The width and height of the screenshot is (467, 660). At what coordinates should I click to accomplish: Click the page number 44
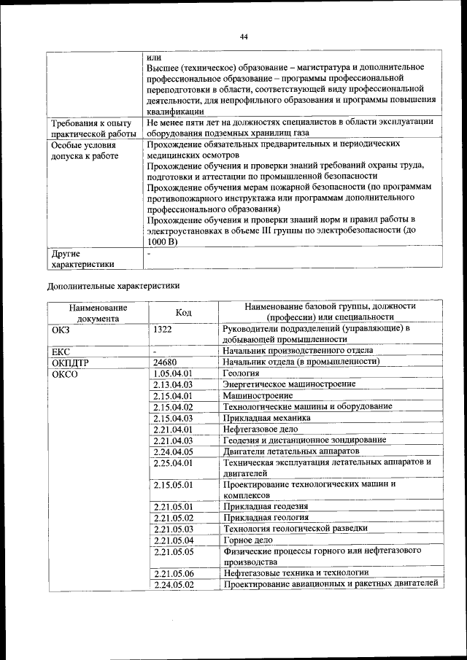pyautogui.click(x=244, y=36)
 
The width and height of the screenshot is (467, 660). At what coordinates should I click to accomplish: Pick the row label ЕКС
pyautogui.click(x=61, y=351)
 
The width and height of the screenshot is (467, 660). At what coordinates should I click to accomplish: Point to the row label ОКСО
pyautogui.click(x=65, y=373)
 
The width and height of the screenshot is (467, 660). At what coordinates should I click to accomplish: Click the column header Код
pyautogui.click(x=184, y=312)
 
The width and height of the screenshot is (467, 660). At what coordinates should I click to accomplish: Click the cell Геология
pyautogui.click(x=241, y=373)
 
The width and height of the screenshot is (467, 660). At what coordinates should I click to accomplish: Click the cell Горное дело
pyautogui.click(x=248, y=540)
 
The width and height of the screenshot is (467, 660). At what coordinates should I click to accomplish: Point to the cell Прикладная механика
pyautogui.click(x=266, y=418)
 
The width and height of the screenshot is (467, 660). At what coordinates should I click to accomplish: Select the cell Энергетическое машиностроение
pyautogui.click(x=289, y=384)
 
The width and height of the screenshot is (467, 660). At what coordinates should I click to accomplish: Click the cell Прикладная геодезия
pyautogui.click(x=265, y=506)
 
